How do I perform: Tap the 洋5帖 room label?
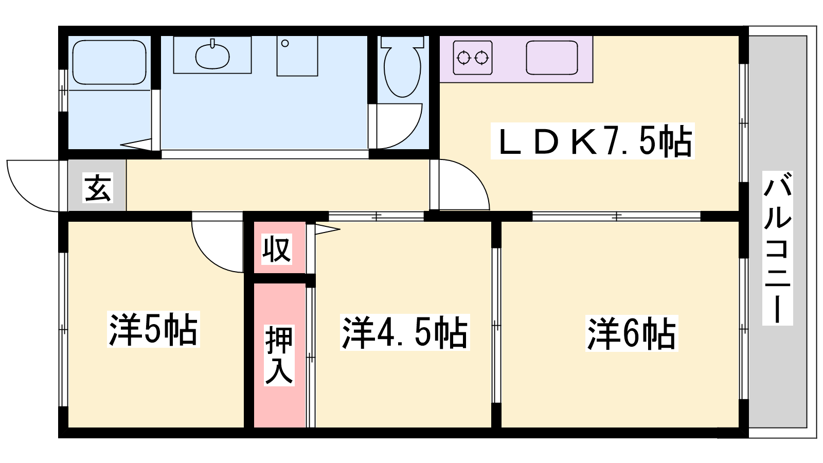point(153,329)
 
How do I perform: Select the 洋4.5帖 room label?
point(405,332)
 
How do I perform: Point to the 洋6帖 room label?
point(632,333)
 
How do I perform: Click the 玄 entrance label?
point(98,188)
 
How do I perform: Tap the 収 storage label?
point(277,249)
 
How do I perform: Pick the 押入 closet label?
point(279,355)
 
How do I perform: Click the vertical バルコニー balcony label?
point(777,248)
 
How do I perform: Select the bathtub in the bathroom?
point(109,62)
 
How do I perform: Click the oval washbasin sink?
point(212,56)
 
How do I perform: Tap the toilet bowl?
point(402,72)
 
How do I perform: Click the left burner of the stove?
point(463,58)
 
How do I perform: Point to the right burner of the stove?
point(481,58)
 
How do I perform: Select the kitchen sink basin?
point(552,58)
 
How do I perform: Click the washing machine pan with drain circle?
point(297,56)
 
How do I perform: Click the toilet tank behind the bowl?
point(402,42)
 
